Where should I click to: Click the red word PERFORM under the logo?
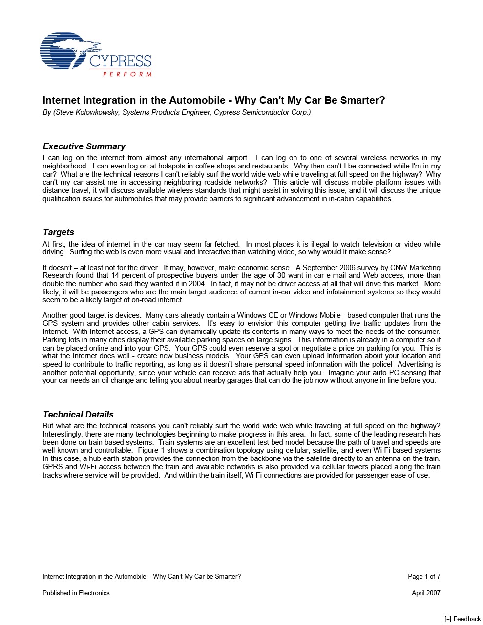(x=127, y=74)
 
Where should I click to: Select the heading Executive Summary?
(x=84, y=146)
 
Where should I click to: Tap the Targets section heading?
(x=59, y=232)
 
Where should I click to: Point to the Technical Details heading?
(x=78, y=415)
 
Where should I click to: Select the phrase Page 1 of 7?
(x=424, y=576)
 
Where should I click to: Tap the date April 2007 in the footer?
(x=426, y=593)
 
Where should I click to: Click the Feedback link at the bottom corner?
(x=462, y=619)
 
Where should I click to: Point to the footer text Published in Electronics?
(x=76, y=593)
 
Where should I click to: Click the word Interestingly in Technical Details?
(x=64, y=434)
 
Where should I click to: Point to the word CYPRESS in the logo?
(x=120, y=62)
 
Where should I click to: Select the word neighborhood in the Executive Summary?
(x=64, y=166)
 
